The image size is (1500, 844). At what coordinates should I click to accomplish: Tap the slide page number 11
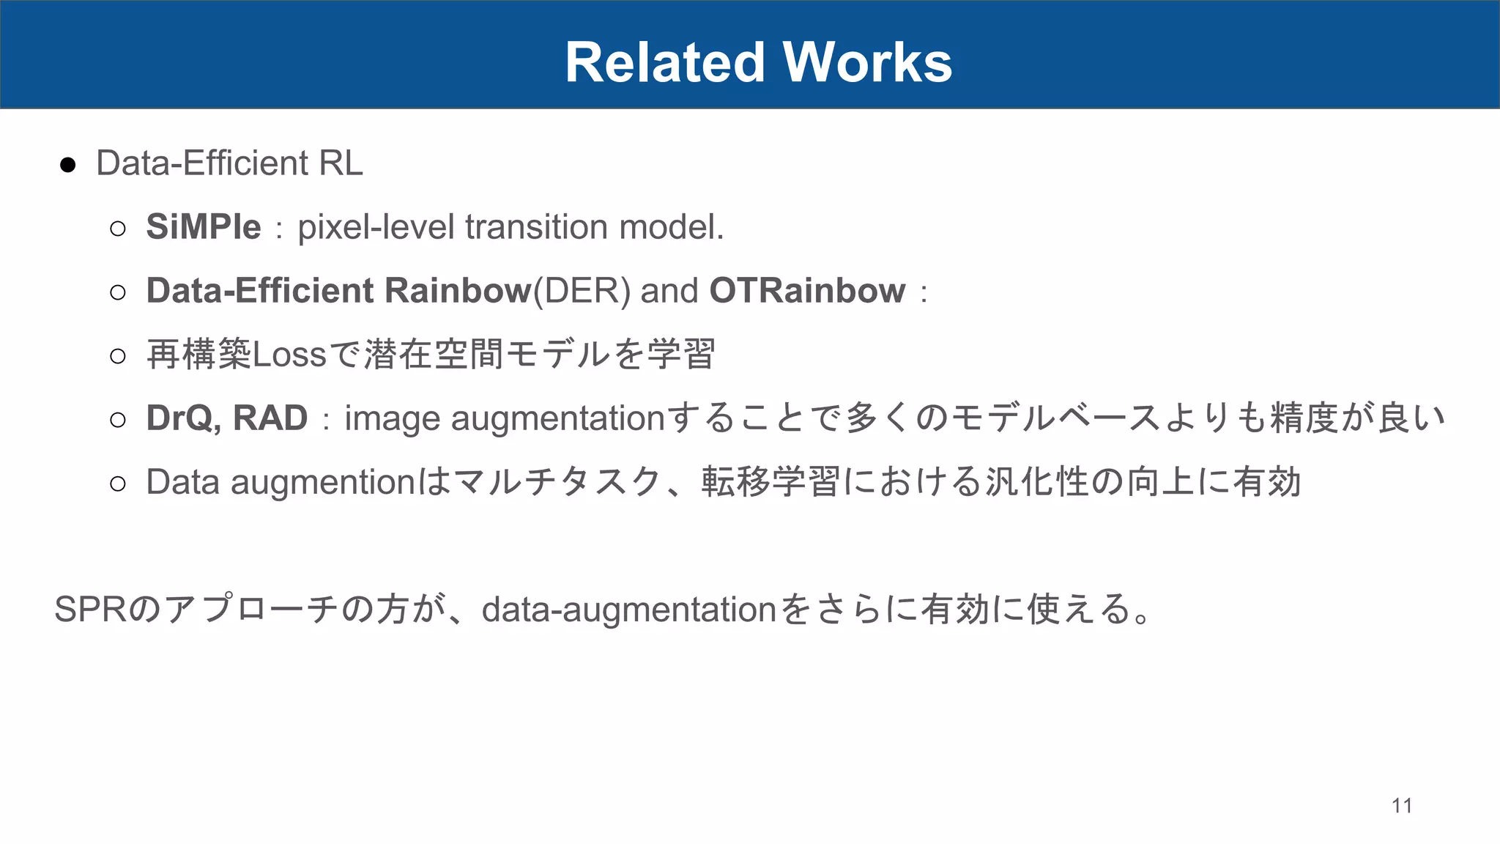tap(1401, 806)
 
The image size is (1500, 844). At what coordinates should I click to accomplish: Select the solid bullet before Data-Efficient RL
tap(68, 165)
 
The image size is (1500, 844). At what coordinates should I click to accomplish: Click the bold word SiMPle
tap(203, 227)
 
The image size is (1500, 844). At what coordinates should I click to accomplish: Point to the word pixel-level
tap(376, 227)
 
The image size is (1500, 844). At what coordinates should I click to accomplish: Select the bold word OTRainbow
tap(807, 291)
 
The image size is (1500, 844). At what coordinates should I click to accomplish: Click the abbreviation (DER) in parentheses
tap(582, 291)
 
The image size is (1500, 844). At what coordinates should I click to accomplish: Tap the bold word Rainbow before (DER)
tap(458, 291)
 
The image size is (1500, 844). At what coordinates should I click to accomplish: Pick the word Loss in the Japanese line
tap(289, 355)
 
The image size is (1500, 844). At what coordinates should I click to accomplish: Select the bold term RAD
tap(270, 418)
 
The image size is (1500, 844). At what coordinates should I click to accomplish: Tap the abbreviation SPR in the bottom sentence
tap(89, 610)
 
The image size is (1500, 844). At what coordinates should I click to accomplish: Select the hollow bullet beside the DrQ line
tap(118, 420)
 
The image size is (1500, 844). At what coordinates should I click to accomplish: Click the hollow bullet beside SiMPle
tap(118, 229)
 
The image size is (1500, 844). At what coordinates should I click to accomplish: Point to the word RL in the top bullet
tap(341, 163)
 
